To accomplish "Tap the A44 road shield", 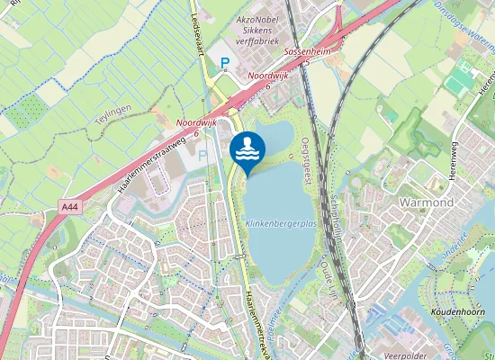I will coord(70,207).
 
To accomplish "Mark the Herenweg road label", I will coord(487,81).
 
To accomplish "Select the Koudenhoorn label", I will coord(458,311).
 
